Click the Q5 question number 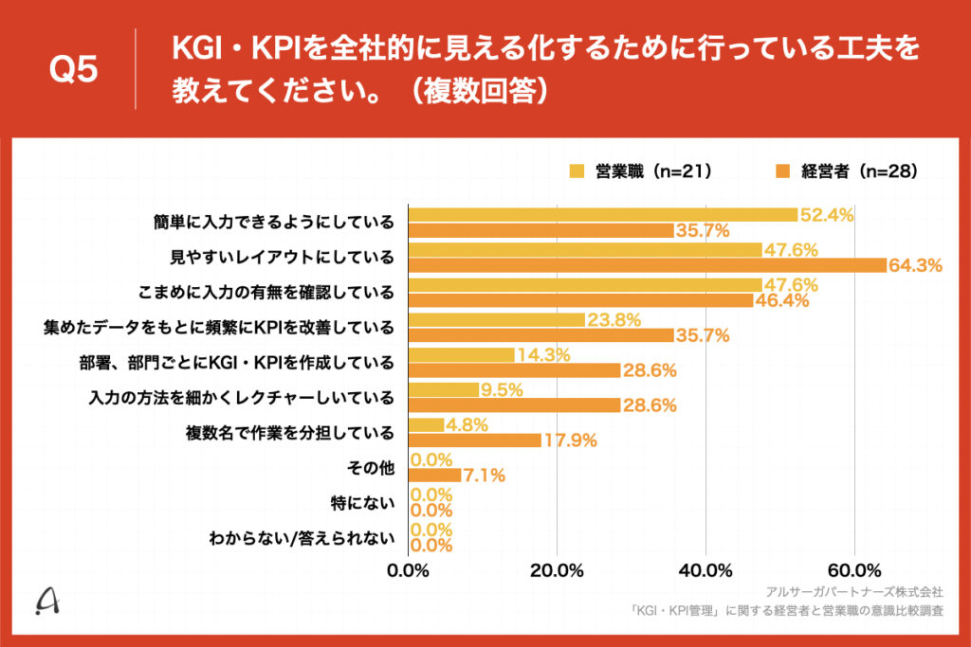pyautogui.click(x=73, y=70)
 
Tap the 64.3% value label pyautogui.click(x=915, y=266)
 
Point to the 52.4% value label pyautogui.click(x=827, y=215)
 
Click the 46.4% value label pyautogui.click(x=781, y=301)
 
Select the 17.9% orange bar pyautogui.click(x=475, y=440)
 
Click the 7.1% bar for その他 pyautogui.click(x=435, y=475)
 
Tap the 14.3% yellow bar pyautogui.click(x=462, y=355)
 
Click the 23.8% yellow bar pyautogui.click(x=497, y=320)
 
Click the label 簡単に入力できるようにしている pyautogui.click(x=273, y=223)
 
